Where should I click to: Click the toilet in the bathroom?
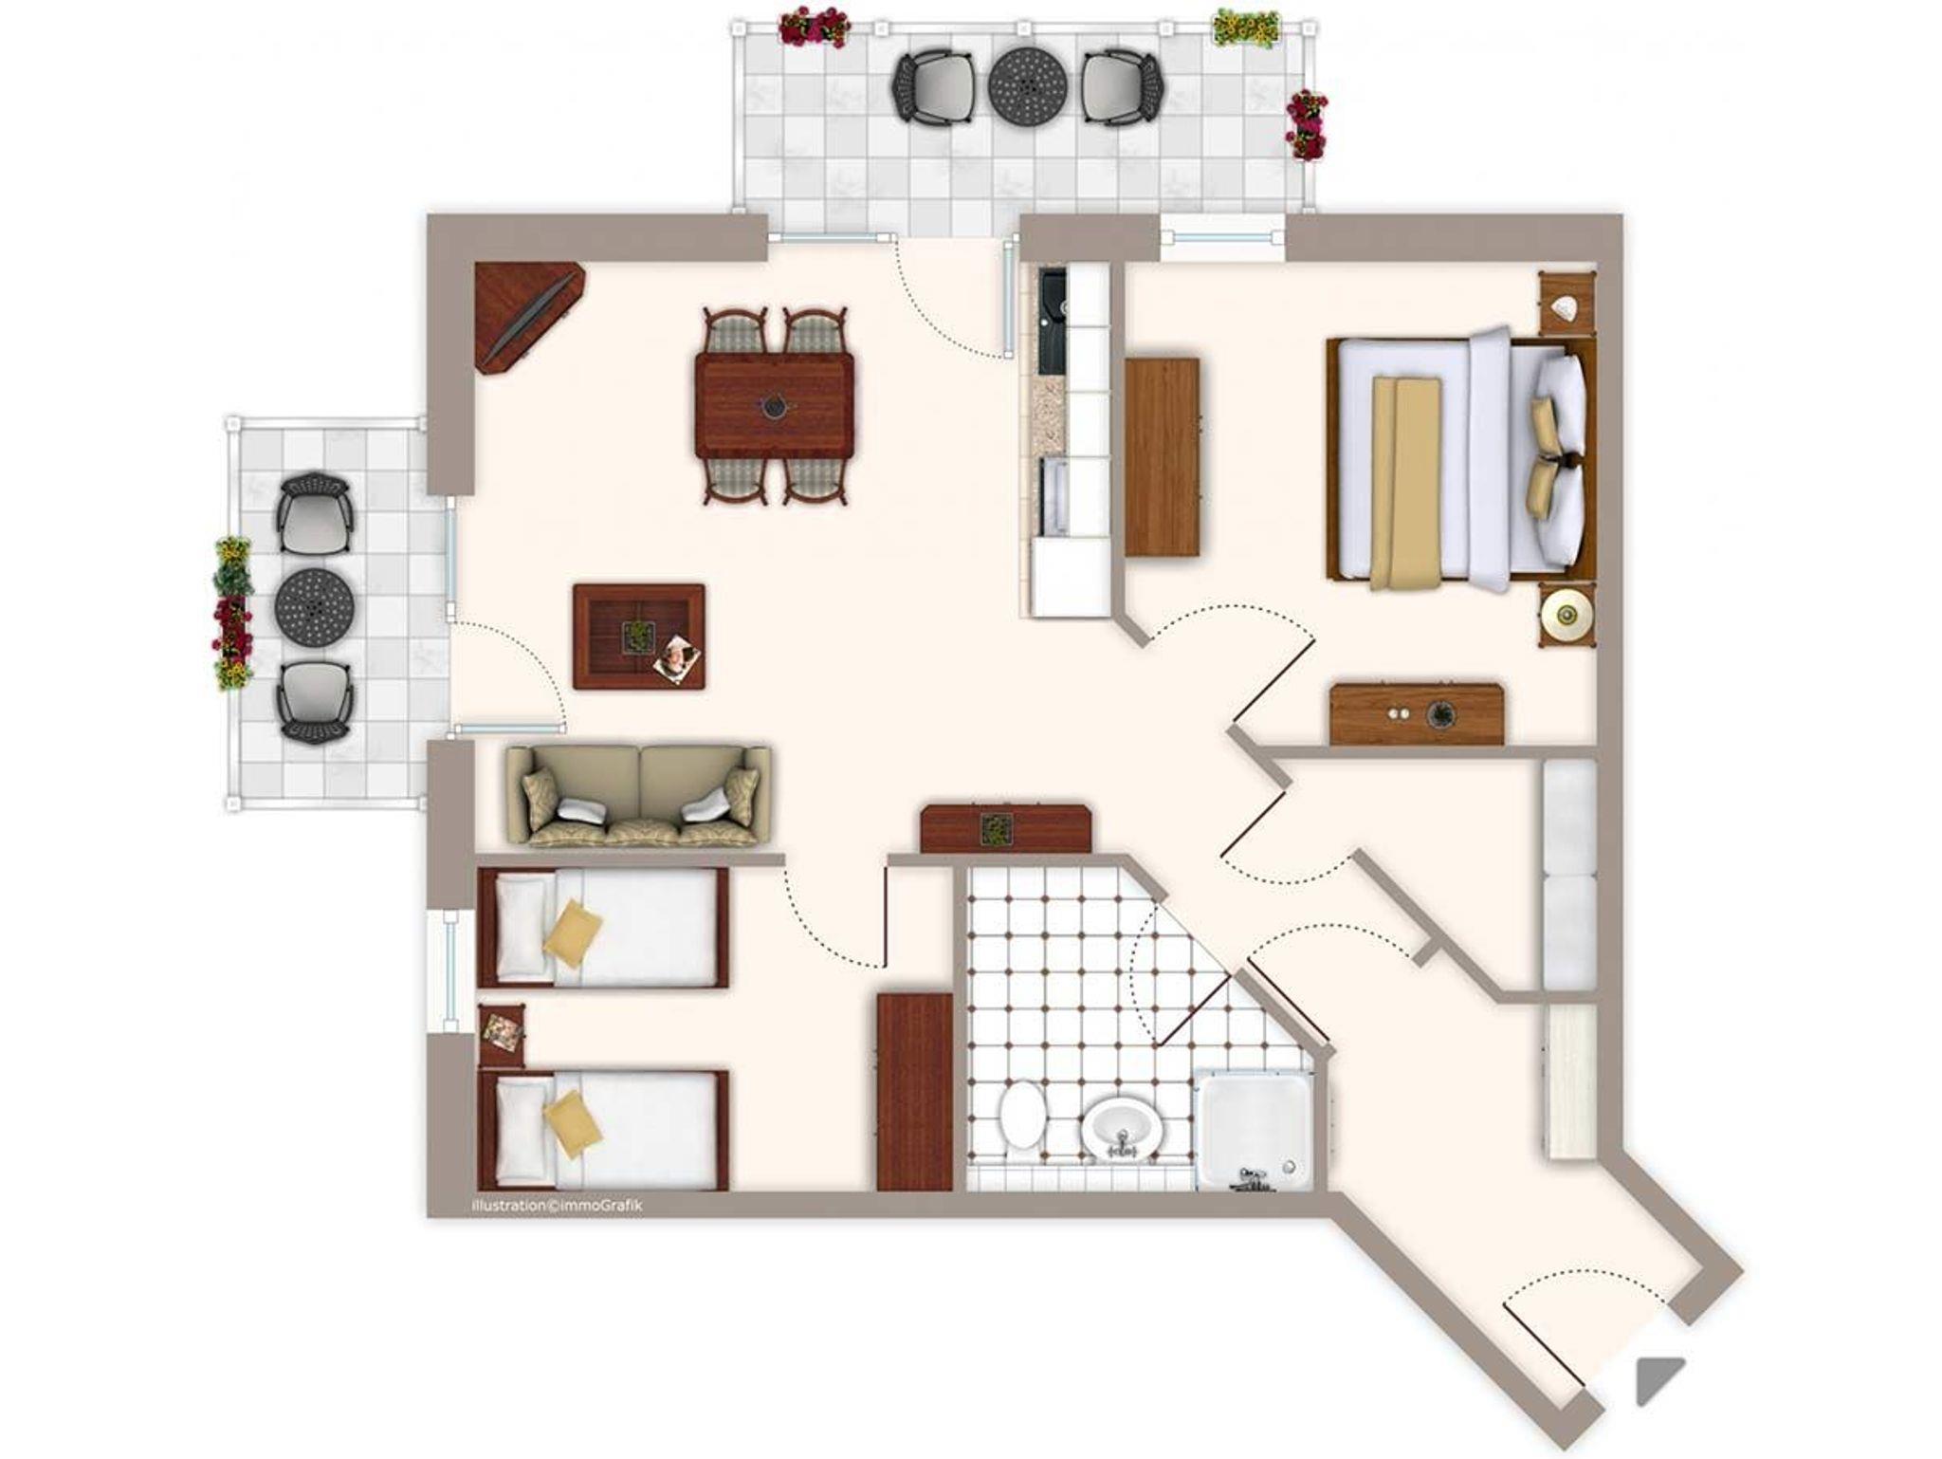coord(1022,1118)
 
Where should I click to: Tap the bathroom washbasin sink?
coord(1123,1129)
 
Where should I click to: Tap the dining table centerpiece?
coord(776,405)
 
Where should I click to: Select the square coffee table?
coord(639,637)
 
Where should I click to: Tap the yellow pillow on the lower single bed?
coord(573,1123)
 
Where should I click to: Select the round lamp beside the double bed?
coord(1566,616)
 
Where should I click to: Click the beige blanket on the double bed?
coord(1405,482)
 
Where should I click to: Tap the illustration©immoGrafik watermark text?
coord(558,1206)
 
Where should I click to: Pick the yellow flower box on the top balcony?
coord(1246,26)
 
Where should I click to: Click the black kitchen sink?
coord(1053,322)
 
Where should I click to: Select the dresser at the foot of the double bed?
coord(1417,713)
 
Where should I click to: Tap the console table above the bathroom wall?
coord(1006,828)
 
